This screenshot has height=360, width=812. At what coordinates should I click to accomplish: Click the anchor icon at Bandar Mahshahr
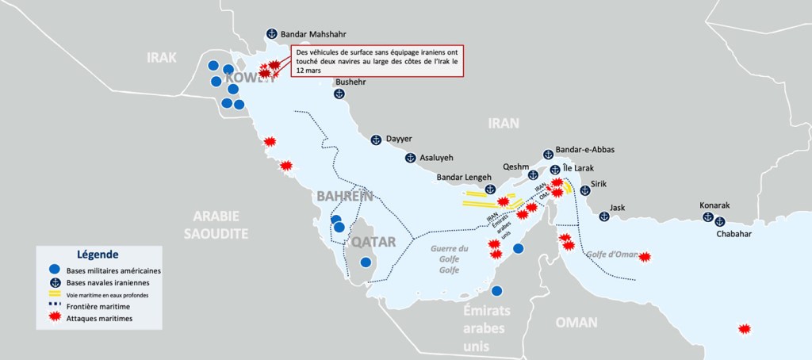270,34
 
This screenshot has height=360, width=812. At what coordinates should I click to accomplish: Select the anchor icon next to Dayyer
377,140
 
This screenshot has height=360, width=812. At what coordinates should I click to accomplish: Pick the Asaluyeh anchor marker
410,158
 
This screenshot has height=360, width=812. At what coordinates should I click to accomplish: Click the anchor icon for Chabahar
720,221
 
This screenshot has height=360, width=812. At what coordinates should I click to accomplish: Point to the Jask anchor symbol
604,216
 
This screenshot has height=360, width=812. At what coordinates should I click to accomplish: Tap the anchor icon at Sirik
585,190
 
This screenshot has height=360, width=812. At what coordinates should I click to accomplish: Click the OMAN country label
576,322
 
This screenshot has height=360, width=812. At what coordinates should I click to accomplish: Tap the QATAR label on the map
373,241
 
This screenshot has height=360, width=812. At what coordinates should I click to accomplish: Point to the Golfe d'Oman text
611,254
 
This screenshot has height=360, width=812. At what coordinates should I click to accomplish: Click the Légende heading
98,255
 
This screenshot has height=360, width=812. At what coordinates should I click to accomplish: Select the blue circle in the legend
55,270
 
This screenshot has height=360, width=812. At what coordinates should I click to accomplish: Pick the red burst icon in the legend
55,318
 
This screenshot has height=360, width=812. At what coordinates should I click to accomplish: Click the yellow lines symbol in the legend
55,293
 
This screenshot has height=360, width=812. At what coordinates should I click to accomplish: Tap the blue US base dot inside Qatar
365,262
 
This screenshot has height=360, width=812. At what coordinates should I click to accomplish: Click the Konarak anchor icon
707,216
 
